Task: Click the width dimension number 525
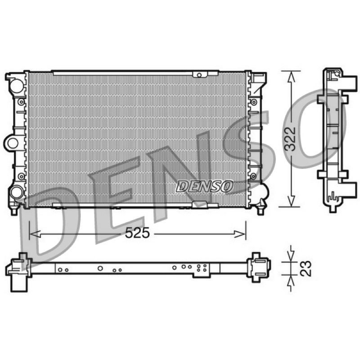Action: (137, 233)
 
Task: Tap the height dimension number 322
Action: (290, 139)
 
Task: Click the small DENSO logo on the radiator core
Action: (204, 186)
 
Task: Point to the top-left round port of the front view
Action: (17, 85)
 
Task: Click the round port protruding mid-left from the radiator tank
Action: (13, 144)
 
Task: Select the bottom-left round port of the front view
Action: (16, 192)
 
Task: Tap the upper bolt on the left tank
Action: (21, 102)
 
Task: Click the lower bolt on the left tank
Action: (21, 176)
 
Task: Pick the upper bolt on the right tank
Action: (254, 102)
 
